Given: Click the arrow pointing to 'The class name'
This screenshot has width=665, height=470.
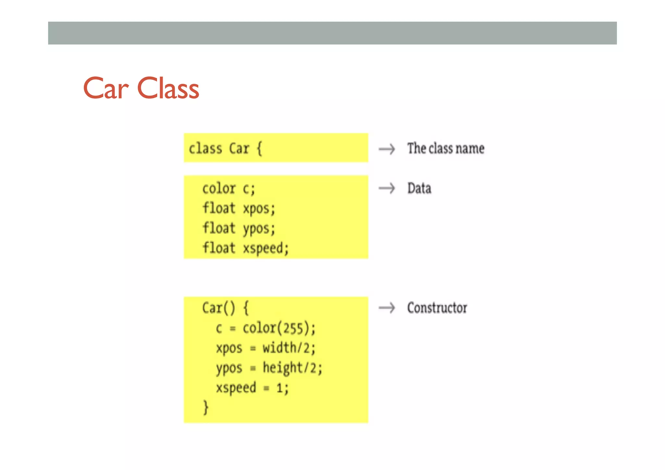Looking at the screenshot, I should [x=387, y=149].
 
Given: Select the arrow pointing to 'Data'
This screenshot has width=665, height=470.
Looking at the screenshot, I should [x=387, y=188].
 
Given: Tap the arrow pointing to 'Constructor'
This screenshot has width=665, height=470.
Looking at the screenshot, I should [x=387, y=308].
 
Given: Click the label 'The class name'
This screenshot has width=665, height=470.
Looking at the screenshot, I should [x=446, y=148].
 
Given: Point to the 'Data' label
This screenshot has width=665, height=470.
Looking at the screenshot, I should [x=419, y=188].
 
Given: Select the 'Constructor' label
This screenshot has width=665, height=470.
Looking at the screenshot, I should [x=437, y=308].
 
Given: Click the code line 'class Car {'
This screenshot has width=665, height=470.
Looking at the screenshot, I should [x=225, y=149].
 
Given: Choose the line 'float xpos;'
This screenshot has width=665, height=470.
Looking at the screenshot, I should [x=239, y=209].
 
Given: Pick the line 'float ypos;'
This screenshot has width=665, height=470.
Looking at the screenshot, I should [x=239, y=228].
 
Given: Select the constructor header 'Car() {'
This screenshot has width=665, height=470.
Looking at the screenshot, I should [x=225, y=308].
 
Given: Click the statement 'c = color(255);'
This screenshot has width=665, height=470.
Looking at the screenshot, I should [x=265, y=328].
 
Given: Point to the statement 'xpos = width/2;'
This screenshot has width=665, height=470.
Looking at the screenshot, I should [x=265, y=348].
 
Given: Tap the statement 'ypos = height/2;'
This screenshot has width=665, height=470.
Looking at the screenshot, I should [x=269, y=368].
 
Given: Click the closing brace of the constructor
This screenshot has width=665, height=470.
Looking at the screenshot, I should [x=206, y=407].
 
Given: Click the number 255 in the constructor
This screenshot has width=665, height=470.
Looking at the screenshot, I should [x=294, y=328].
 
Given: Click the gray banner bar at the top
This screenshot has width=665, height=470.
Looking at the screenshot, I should [x=332, y=33].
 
